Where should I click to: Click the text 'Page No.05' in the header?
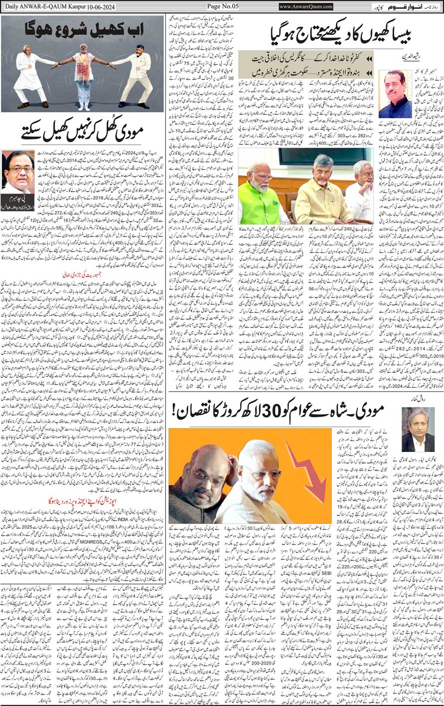(222, 6)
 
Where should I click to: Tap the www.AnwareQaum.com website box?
(306, 6)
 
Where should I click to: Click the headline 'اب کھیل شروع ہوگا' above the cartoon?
(82, 27)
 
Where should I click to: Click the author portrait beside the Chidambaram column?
(18, 172)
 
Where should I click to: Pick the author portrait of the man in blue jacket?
(395, 93)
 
